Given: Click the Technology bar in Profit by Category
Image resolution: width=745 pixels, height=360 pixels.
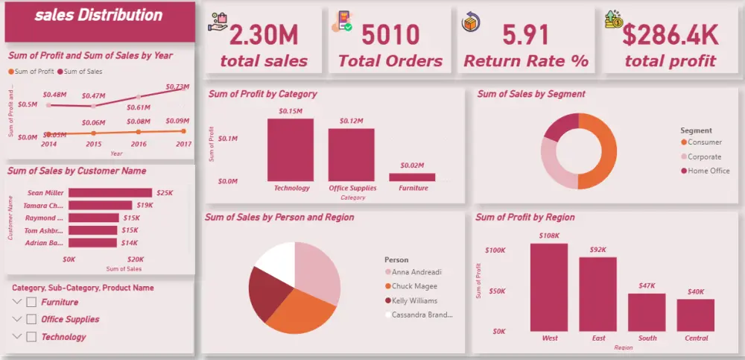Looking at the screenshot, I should pyautogui.click(x=291, y=150).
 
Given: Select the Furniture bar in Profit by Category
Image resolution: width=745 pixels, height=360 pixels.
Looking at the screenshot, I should pyautogui.click(x=412, y=177).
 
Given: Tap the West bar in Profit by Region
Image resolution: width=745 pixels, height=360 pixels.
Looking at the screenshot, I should pyautogui.click(x=549, y=287).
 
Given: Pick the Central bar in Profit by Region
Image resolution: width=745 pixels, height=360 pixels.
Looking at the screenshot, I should pyautogui.click(x=696, y=315).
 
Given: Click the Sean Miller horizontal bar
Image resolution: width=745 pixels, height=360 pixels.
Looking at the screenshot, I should pyautogui.click(x=110, y=193).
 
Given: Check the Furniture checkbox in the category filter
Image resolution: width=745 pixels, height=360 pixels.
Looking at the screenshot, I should pyautogui.click(x=31, y=302).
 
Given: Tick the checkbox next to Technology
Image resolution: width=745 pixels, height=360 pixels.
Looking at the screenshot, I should pyautogui.click(x=31, y=337).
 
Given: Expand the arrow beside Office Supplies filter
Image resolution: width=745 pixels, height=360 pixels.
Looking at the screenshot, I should pyautogui.click(x=17, y=320).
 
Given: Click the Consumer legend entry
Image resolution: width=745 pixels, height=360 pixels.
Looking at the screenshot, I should pyautogui.click(x=704, y=142).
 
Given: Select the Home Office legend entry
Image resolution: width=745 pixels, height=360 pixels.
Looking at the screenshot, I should pyautogui.click(x=708, y=171).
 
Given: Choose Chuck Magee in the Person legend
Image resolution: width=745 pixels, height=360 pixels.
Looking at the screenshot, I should pyautogui.click(x=414, y=286).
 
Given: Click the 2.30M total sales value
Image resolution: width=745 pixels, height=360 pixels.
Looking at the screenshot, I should pyautogui.click(x=264, y=35).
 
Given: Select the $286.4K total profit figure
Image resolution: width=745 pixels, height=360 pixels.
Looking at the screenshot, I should pyautogui.click(x=670, y=35).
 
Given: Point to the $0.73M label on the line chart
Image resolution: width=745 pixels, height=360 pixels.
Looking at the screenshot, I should pyautogui.click(x=177, y=86).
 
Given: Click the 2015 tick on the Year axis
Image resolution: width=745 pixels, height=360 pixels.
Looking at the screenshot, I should pyautogui.click(x=94, y=144).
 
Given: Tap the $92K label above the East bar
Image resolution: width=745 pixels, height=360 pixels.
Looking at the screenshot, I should pyautogui.click(x=598, y=250).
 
